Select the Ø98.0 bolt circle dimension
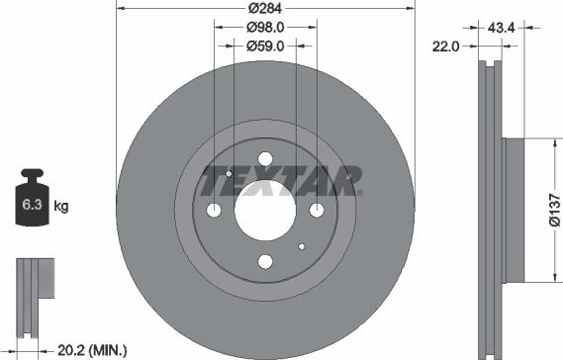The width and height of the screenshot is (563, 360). pos(265,29)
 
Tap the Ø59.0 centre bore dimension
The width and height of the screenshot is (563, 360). pos(265,45)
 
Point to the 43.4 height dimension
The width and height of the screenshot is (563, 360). pos(502,29)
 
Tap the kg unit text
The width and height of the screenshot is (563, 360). pos(61,207)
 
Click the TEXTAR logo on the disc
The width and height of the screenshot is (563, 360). pos(282,182)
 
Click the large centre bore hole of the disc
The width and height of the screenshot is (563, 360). pos(265,210)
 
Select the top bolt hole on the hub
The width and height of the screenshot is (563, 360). pos(265,159)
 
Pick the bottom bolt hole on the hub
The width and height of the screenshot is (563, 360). pos(265,261)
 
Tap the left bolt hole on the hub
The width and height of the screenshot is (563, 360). pos(215,210)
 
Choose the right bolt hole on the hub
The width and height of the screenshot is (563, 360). pos(316,210)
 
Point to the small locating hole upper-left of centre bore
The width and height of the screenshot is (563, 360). pos(229,174)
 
